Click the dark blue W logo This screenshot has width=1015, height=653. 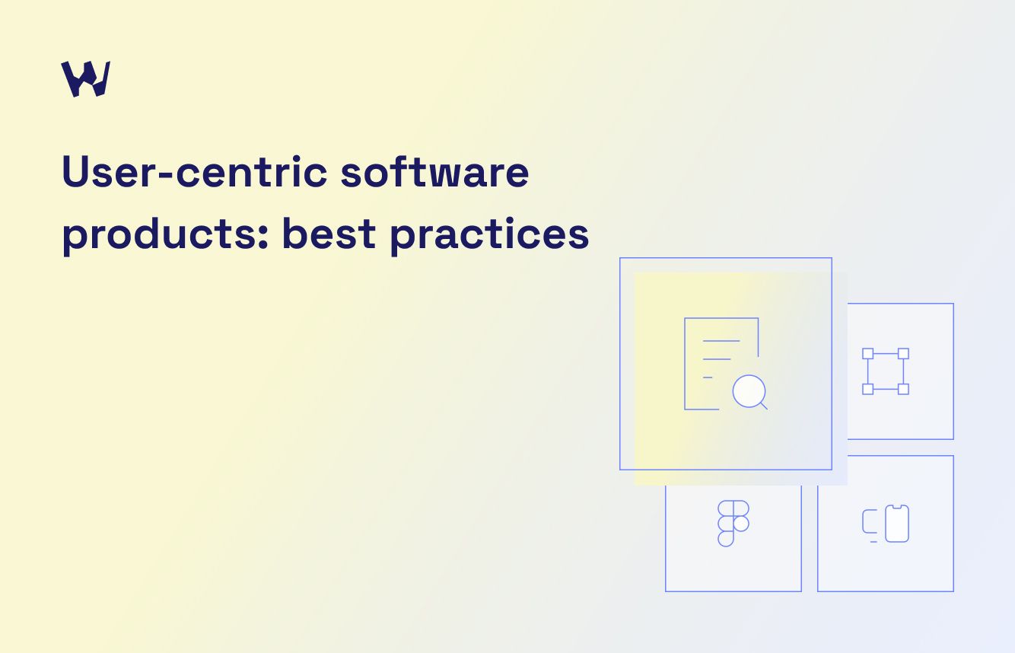tap(85, 78)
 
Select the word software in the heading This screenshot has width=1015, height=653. tap(434, 173)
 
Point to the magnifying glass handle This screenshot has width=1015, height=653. tap(763, 406)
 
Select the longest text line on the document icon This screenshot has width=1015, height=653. tap(721, 340)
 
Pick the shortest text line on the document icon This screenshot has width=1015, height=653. tap(708, 377)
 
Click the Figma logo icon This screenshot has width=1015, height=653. tap(733, 524)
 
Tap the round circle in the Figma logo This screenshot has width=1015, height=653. tap(741, 524)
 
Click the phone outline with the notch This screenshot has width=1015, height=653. tap(897, 524)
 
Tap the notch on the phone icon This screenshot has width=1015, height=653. tap(897, 506)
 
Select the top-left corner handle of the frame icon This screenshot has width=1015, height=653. tap(867, 353)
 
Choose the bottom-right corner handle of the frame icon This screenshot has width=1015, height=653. tap(903, 389)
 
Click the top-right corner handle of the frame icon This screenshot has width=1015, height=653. tap(903, 353)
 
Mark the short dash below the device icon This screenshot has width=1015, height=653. tap(873, 542)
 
